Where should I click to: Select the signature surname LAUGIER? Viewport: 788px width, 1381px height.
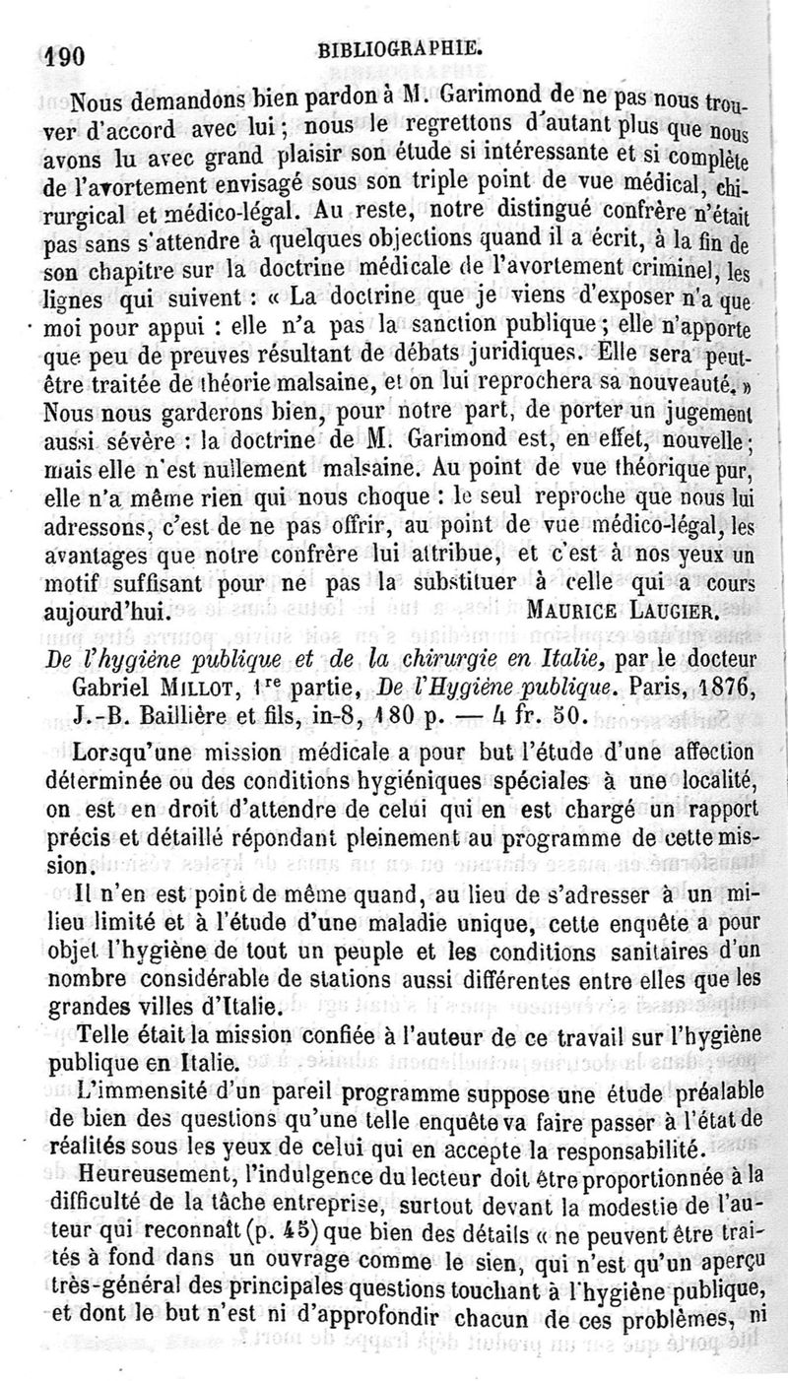coord(680,611)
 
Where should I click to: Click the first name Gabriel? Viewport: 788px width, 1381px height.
coord(109,685)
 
